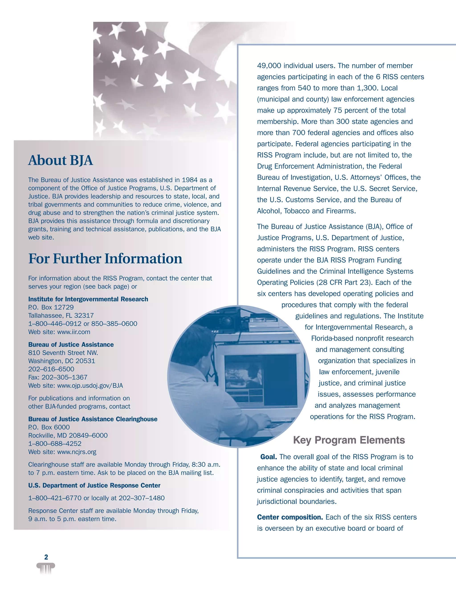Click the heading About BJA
tap(61, 160)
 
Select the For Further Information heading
tap(105, 258)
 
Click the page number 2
tap(46, 557)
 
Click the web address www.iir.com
tap(73, 332)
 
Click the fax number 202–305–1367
tap(64, 377)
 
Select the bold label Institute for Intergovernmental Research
tap(88, 299)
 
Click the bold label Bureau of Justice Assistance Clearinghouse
tap(93, 419)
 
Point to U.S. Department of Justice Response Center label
tap(94, 485)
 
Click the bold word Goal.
tap(269, 457)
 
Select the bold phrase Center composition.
tap(290, 517)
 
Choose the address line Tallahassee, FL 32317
tap(61, 315)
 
